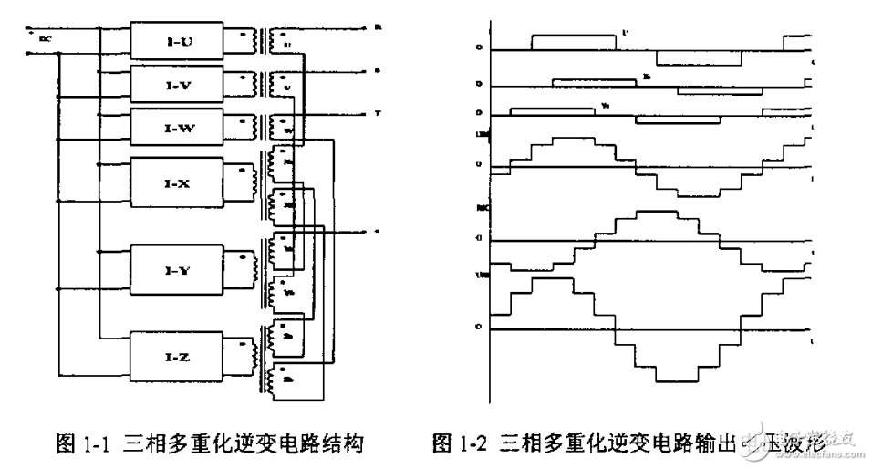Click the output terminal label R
point(377,27)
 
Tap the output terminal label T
point(377,114)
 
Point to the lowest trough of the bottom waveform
point(676,377)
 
